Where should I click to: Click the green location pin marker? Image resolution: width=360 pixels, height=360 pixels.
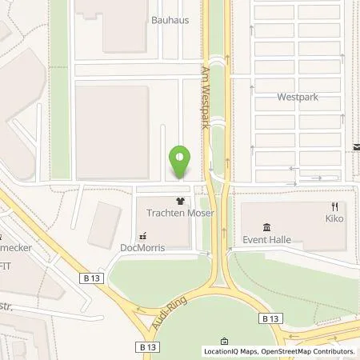coord(180,162)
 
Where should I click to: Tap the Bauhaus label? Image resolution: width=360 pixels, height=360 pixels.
coord(170,20)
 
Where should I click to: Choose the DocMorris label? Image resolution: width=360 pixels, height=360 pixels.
coord(142,248)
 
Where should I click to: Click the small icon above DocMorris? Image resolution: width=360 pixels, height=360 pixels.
coord(142,236)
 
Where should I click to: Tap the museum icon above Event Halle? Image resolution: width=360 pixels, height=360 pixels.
coord(266,227)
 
